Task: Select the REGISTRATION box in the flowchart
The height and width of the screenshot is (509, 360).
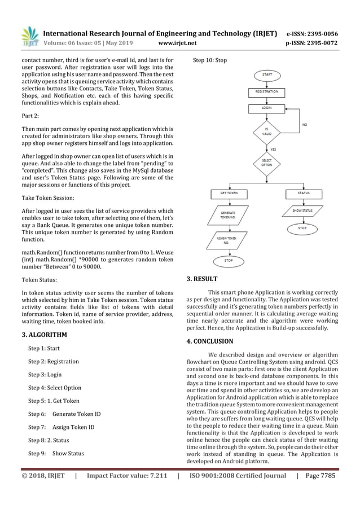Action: point(266,91)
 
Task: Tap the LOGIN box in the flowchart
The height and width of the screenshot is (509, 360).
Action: point(266,107)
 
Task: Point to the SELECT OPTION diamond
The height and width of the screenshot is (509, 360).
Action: point(266,161)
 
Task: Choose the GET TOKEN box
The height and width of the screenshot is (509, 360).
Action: point(229,193)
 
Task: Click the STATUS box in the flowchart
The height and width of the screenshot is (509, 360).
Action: point(303,193)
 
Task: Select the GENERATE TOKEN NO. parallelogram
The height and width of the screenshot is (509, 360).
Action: point(229,215)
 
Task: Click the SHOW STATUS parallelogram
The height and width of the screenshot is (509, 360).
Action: point(303,211)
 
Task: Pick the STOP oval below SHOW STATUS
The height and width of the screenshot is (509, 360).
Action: point(303,229)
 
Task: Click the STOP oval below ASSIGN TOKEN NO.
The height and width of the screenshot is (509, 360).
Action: point(229,260)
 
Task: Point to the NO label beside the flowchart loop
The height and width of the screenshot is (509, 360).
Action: point(305,124)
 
